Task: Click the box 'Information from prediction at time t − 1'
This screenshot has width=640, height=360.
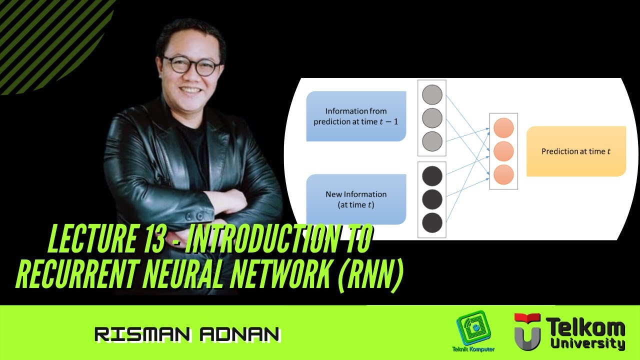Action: [x=356, y=116]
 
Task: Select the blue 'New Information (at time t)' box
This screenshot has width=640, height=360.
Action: [x=356, y=199]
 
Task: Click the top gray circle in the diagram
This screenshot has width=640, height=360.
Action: [x=432, y=94]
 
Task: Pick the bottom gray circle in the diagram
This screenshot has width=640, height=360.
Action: [x=432, y=141]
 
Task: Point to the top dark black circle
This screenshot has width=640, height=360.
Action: [x=432, y=176]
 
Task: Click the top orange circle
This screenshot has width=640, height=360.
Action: [x=503, y=128]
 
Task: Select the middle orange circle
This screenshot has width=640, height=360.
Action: [x=503, y=151]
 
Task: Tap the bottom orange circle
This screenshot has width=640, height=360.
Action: [x=503, y=174]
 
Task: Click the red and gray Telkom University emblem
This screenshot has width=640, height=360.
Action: [x=527, y=330]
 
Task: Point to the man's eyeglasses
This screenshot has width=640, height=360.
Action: [x=191, y=65]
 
